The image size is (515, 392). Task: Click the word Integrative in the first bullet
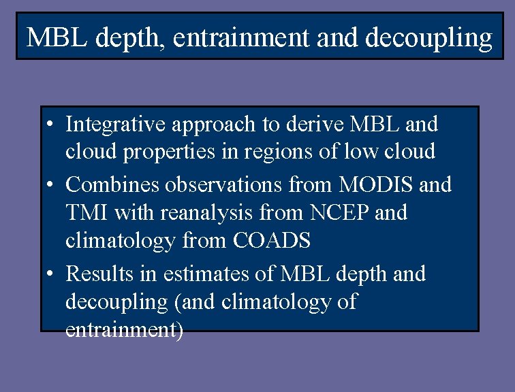pos(108,125)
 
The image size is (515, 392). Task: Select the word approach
pos(196,125)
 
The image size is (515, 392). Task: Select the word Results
pos(99,274)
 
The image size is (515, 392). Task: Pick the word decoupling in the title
pos(428,39)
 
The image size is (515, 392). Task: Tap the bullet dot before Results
pos(50,275)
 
